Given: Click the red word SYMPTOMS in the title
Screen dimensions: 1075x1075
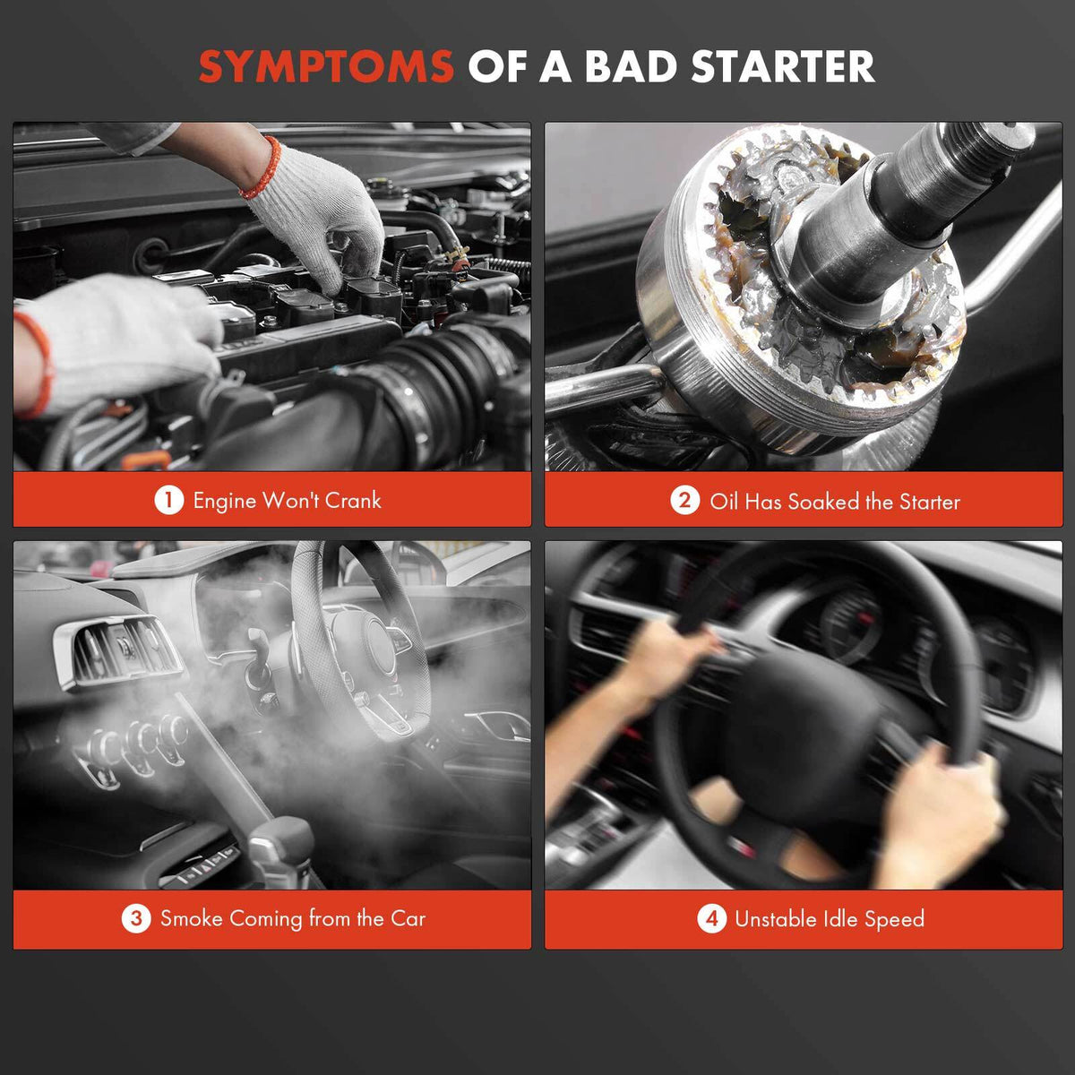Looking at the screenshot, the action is (x=326, y=66).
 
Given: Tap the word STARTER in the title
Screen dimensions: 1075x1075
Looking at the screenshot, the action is (x=783, y=66).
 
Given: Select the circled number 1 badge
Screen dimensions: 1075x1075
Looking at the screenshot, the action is (x=168, y=500).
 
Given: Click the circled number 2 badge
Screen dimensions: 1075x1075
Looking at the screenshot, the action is (x=684, y=501).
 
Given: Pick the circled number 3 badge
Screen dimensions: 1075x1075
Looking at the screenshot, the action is (x=136, y=918).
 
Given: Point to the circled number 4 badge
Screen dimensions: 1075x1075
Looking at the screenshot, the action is (x=711, y=918).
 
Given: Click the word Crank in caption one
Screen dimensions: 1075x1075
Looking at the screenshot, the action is (x=353, y=501).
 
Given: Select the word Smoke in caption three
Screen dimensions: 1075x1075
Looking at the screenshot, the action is (x=192, y=918).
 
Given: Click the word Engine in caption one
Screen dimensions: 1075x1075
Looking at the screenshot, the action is (x=224, y=502).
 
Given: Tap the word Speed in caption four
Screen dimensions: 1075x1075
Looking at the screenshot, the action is (x=894, y=919).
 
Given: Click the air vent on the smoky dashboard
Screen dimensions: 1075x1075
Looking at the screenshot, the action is (x=119, y=651).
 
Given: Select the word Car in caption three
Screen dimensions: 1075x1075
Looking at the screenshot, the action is (x=408, y=918).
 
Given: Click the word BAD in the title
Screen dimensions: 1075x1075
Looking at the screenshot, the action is (x=632, y=66).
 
